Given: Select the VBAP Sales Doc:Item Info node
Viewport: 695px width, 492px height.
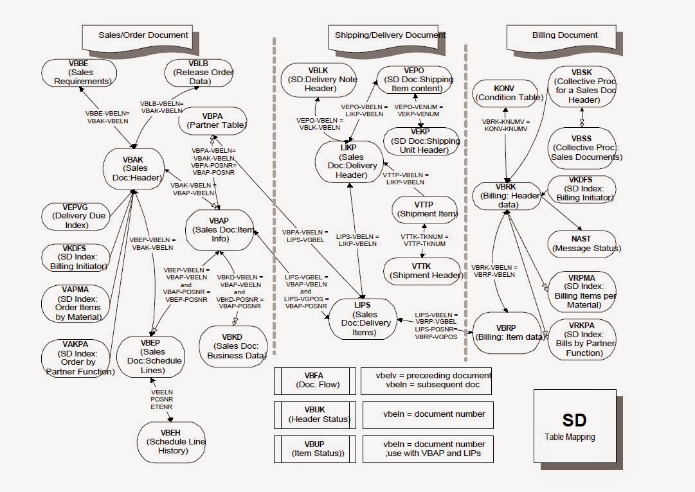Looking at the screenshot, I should [219, 229].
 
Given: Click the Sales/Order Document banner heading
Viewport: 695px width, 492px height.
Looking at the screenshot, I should [143, 35].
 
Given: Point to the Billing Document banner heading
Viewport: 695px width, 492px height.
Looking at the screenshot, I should [564, 35].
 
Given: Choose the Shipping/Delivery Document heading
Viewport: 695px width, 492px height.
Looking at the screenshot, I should [390, 35].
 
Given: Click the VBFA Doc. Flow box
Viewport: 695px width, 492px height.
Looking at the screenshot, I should [314, 380].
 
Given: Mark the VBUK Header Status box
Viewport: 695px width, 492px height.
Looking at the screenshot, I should [314, 414].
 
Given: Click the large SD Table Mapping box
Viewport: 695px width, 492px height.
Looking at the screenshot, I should [574, 426].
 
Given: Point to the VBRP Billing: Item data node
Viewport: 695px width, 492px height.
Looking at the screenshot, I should [507, 333].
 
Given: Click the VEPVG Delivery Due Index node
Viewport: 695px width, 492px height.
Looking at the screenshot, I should [80, 216].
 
